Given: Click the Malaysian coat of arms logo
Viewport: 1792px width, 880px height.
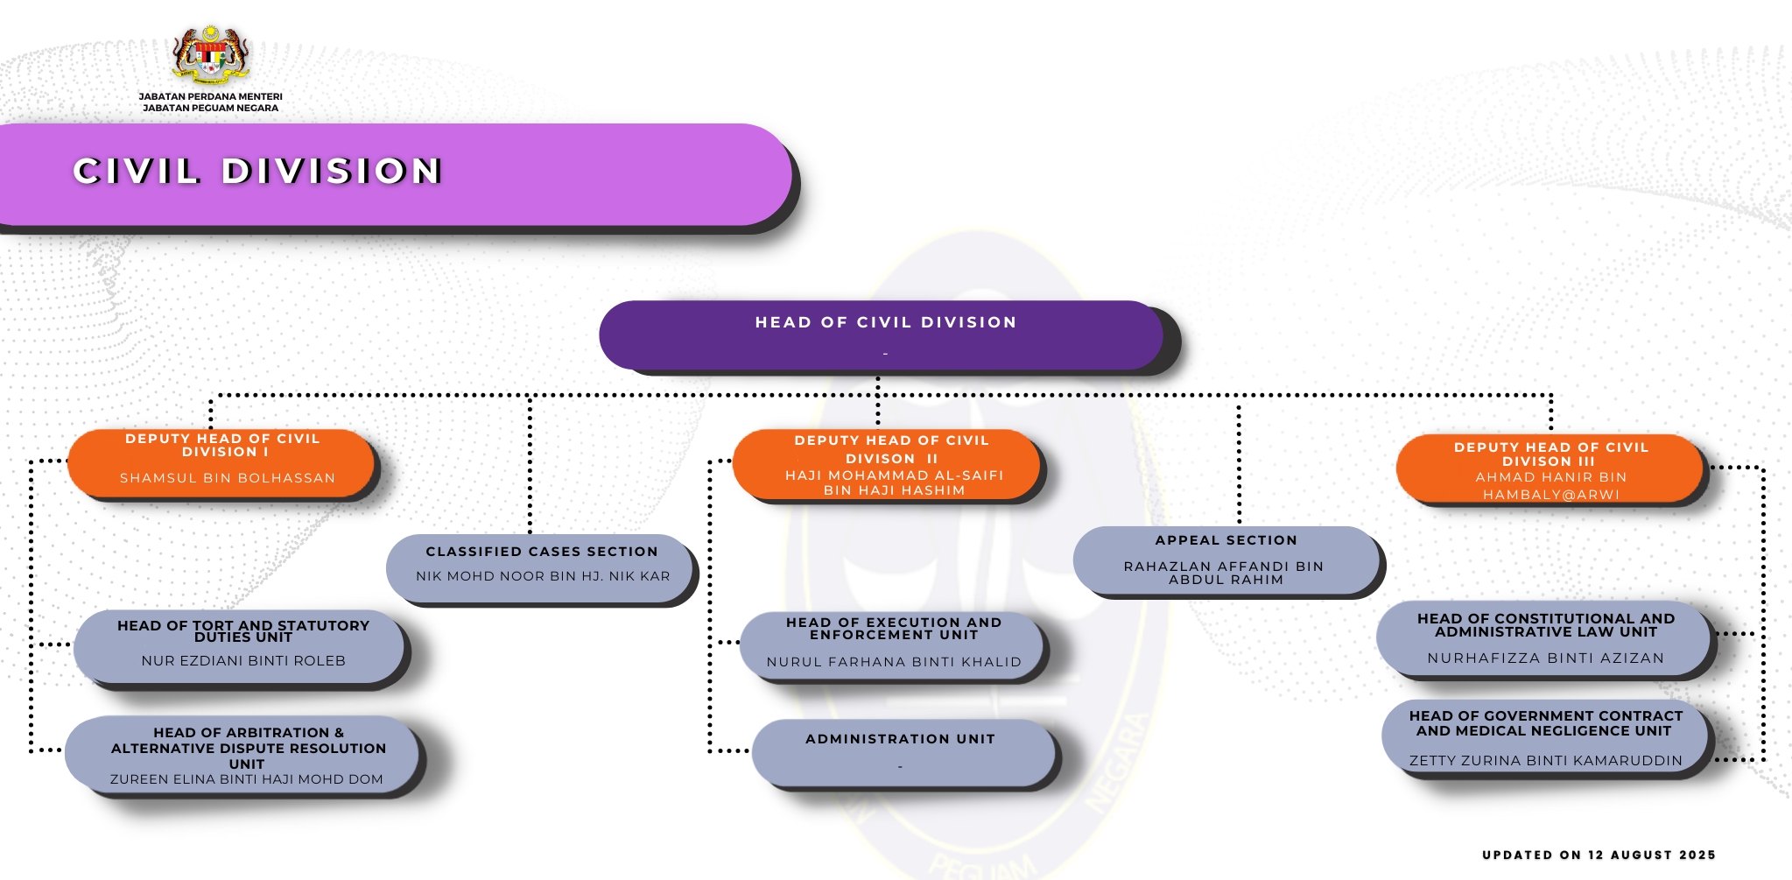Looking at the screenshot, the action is click(x=211, y=55).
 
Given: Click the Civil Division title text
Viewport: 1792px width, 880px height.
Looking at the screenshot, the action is click(x=257, y=171).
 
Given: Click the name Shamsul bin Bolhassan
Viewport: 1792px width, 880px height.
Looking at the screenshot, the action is click(x=228, y=478).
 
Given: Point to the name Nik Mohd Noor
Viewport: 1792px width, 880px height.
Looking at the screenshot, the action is click(x=543, y=576).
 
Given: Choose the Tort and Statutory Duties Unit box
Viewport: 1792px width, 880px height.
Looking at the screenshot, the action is click(x=240, y=646).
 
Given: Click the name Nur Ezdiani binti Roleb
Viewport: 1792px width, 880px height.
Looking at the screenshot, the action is click(x=243, y=661).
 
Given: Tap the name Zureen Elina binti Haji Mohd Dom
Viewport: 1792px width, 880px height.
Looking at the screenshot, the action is click(x=246, y=779).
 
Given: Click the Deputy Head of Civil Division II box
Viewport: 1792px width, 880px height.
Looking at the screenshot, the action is click(x=886, y=465).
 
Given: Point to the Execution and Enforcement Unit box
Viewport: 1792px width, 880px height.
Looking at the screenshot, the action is click(x=893, y=645).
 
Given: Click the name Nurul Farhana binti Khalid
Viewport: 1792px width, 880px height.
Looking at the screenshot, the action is click(x=894, y=662).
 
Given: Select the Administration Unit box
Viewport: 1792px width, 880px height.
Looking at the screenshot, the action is click(x=903, y=752).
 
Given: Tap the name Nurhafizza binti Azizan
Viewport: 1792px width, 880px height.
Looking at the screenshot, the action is click(x=1545, y=658).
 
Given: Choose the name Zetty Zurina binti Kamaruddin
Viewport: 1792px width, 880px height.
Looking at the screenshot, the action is click(x=1545, y=761).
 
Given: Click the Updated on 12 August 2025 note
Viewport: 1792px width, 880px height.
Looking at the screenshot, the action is click(x=1599, y=855).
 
